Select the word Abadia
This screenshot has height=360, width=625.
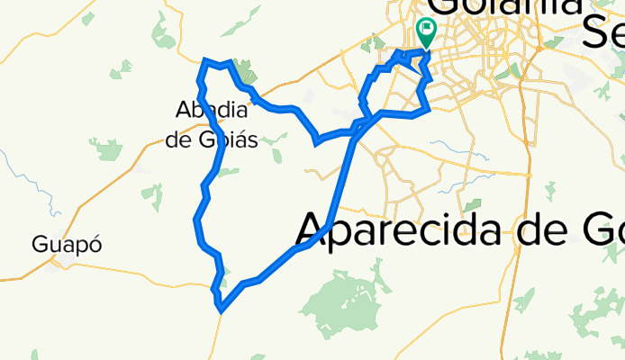tap(212, 110)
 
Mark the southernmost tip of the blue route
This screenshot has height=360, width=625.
tap(221, 311)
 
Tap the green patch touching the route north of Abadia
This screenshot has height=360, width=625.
tap(244, 70)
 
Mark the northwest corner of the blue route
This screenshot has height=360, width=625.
tap(205, 60)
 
